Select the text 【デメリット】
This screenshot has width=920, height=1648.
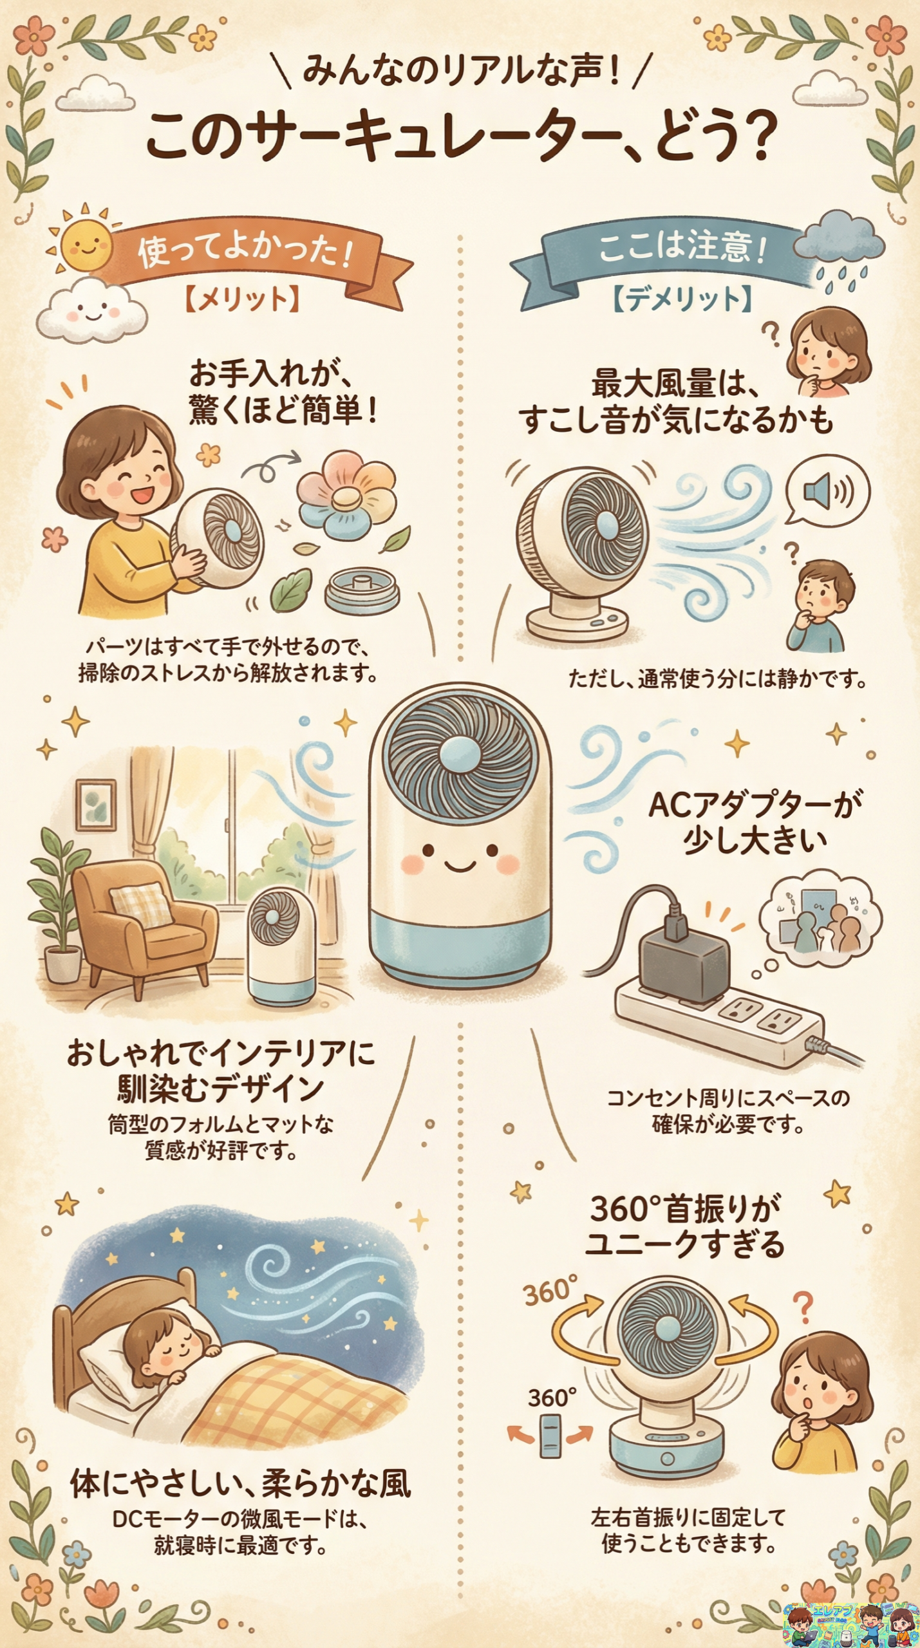[682, 299]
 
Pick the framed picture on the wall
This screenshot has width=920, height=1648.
[96, 805]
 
